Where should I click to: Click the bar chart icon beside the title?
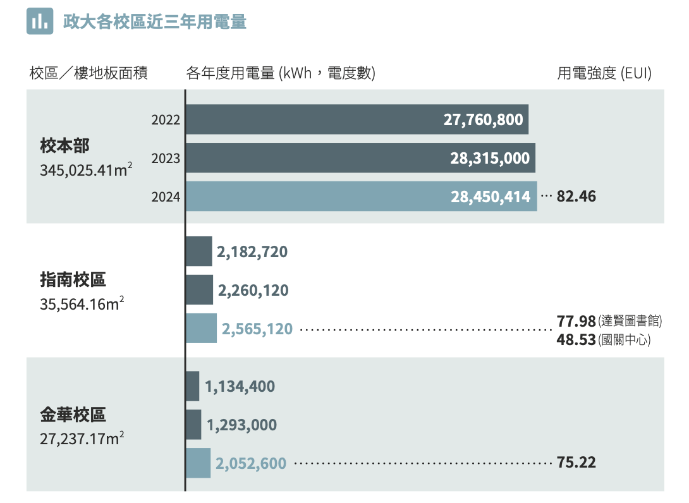(x=39, y=22)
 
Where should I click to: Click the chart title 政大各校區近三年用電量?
(x=154, y=22)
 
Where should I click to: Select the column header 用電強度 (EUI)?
(x=604, y=73)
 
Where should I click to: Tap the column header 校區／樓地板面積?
(x=88, y=73)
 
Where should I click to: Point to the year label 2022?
(x=166, y=119)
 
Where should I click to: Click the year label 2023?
(x=166, y=159)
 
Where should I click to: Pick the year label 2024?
(x=166, y=197)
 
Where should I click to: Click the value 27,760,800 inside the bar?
(x=483, y=119)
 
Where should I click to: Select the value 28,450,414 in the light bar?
(x=491, y=197)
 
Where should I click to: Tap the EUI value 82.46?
(x=576, y=197)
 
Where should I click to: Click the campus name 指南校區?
(x=73, y=279)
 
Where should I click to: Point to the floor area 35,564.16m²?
(x=82, y=305)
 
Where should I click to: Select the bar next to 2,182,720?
(x=198, y=251)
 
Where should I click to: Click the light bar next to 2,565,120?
(x=201, y=329)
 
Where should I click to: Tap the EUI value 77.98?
(x=576, y=322)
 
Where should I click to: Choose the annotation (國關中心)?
(x=624, y=341)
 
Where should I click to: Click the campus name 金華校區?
(x=73, y=415)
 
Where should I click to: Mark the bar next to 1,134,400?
(x=192, y=386)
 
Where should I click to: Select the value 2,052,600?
(x=251, y=463)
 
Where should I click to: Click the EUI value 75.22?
(x=576, y=463)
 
